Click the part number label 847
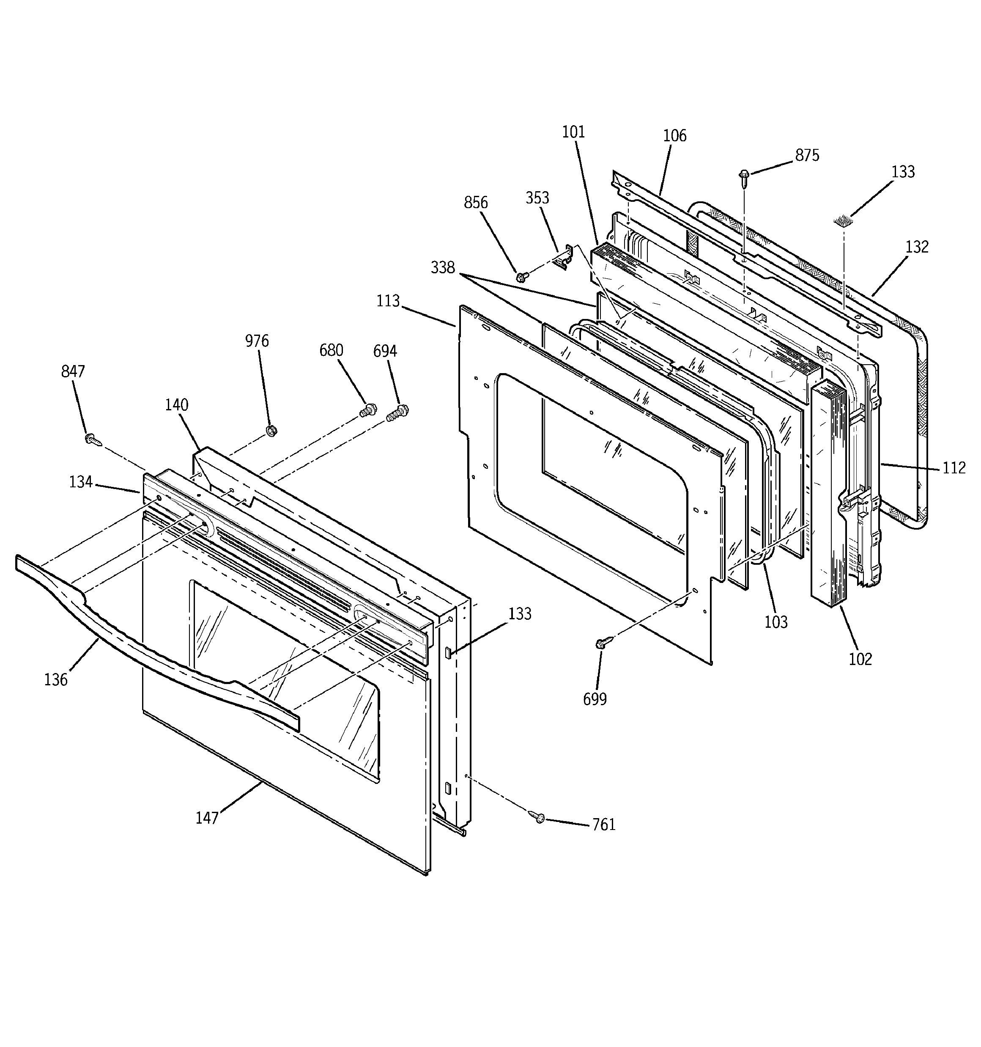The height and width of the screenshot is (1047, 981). coord(73,372)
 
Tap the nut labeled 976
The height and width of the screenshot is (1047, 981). coord(272,430)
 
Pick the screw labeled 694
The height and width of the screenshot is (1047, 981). coord(398,412)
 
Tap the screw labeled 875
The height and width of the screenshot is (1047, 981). coord(745,178)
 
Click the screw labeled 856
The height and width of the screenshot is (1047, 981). coord(522,277)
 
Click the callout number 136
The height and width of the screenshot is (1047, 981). coord(56,680)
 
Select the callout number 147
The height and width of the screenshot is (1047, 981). coord(207,818)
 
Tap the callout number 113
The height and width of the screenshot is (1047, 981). coord(388,301)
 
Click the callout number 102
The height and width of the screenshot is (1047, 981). coord(860,659)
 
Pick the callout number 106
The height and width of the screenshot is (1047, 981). coord(674,136)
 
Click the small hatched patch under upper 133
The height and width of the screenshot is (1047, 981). coord(844,220)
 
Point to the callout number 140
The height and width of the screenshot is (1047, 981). coord(176,405)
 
